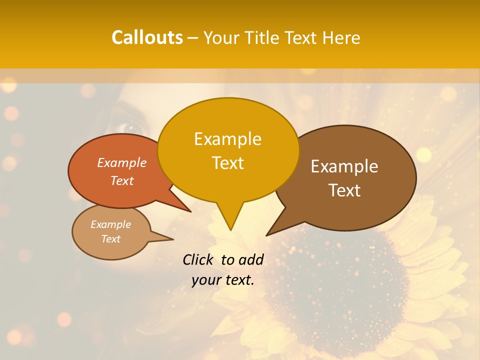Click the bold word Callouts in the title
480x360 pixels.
click(x=147, y=37)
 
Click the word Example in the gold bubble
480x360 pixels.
click(x=227, y=139)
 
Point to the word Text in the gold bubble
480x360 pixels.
click(x=227, y=163)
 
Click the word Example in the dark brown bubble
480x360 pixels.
click(x=344, y=166)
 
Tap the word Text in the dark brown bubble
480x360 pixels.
click(x=344, y=190)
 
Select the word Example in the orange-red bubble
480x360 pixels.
click(x=122, y=163)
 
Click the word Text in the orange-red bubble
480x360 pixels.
click(x=122, y=180)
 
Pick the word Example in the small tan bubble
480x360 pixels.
click(x=111, y=224)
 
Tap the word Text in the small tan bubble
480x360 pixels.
click(x=111, y=239)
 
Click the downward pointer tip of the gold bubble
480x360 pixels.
click(x=230, y=229)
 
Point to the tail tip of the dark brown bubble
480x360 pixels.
click(x=267, y=234)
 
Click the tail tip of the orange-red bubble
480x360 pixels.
click(x=190, y=211)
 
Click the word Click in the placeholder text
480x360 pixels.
click(x=198, y=259)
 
